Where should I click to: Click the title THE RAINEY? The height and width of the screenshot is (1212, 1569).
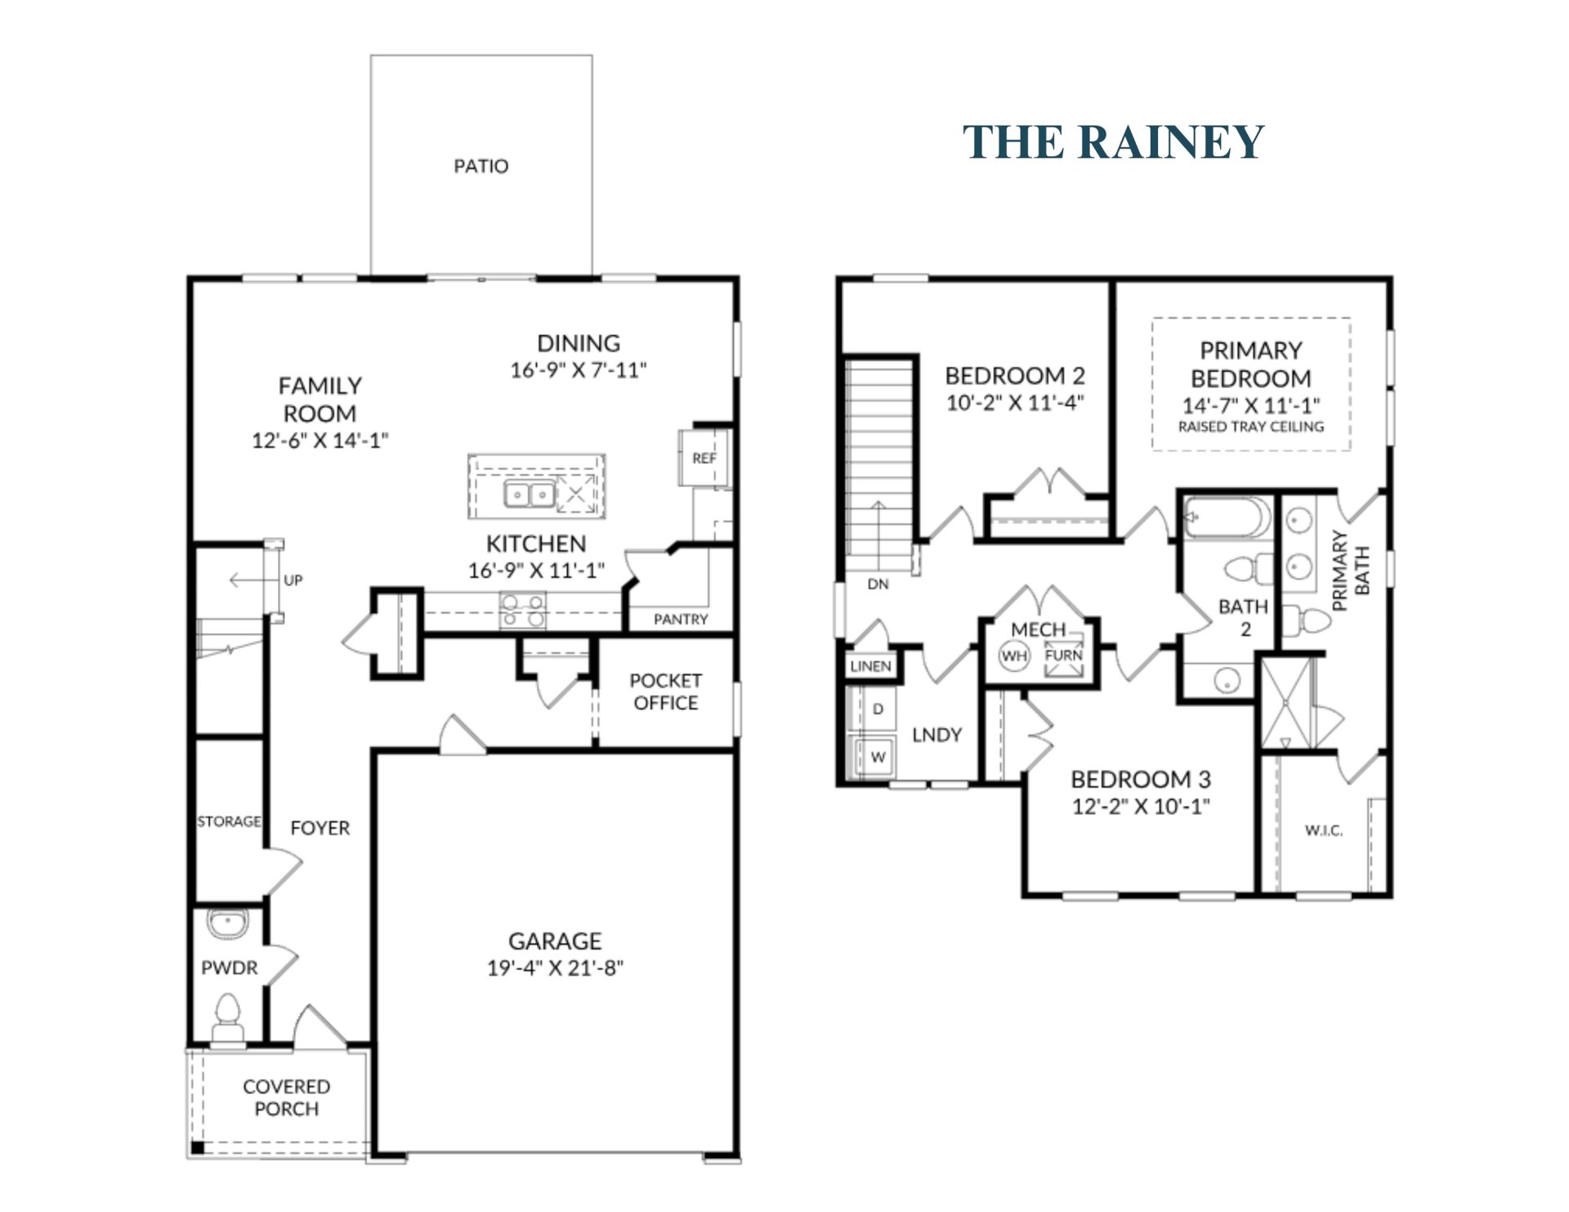(1113, 141)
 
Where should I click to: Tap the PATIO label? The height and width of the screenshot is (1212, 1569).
(481, 166)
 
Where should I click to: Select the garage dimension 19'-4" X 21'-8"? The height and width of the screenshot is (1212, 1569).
(555, 968)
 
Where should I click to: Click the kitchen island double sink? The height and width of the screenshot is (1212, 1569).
(529, 494)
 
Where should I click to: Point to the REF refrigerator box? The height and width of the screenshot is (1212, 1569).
(703, 458)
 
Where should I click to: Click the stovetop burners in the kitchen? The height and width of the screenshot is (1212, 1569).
(523, 610)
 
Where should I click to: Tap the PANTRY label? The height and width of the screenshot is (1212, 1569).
(681, 619)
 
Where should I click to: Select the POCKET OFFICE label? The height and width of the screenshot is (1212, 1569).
(665, 691)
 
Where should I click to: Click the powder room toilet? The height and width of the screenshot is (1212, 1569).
(228, 1017)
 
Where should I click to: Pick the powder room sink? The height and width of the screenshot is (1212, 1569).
(227, 924)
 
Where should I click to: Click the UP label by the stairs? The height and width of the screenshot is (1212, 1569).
(293, 580)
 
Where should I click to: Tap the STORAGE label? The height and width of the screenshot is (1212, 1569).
(229, 821)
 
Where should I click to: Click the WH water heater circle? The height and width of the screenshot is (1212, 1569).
(1014, 656)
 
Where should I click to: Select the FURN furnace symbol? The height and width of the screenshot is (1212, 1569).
(1063, 656)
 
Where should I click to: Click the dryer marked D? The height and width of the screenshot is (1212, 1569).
(878, 709)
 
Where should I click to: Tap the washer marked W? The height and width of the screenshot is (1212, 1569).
(878, 757)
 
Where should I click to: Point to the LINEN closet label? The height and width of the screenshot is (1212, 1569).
(870, 666)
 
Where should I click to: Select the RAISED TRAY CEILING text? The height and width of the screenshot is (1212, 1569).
(1250, 427)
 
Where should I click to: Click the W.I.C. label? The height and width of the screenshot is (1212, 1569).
(1323, 830)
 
